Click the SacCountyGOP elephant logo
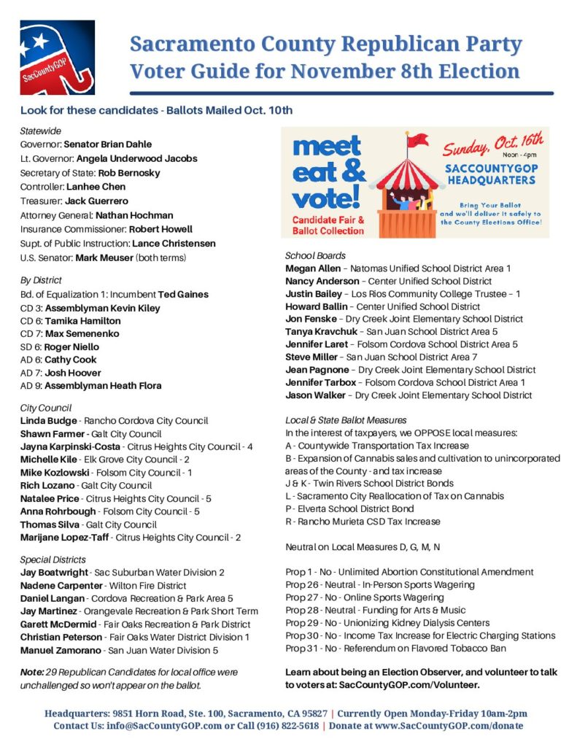pos(57,57)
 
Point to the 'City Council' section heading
pos(45,408)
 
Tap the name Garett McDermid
pos(60,624)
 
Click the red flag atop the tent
pos(419,138)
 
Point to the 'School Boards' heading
pos(315,256)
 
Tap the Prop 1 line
pos(409,572)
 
